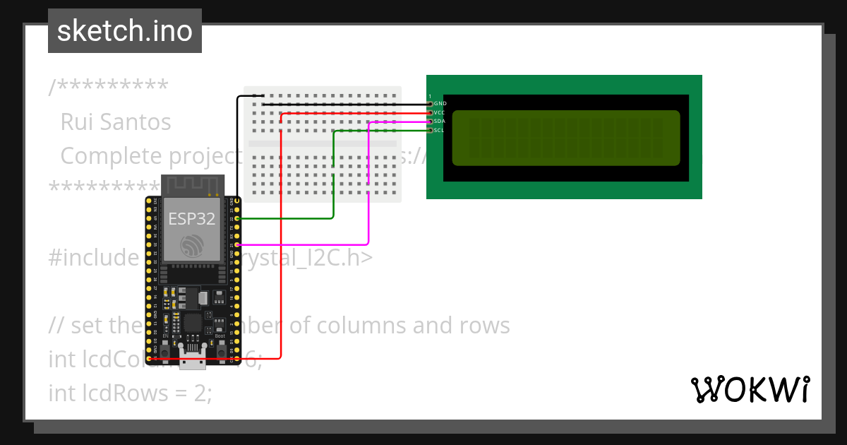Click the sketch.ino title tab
tap(124, 31)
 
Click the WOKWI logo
tap(750, 389)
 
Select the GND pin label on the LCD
tap(440, 104)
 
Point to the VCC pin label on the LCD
tap(440, 112)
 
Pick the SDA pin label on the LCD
tap(440, 121)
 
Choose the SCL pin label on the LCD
tap(440, 130)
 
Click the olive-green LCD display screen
tap(565, 138)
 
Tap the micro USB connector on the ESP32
tap(193, 358)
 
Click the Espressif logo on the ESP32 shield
tap(191, 245)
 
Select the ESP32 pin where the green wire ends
tap(238, 218)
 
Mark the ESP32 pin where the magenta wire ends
tap(238, 244)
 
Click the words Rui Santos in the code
tap(116, 122)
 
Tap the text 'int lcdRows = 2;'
tap(130, 392)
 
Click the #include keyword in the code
tap(92, 258)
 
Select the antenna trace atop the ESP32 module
tap(193, 185)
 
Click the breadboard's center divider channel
tap(323, 143)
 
